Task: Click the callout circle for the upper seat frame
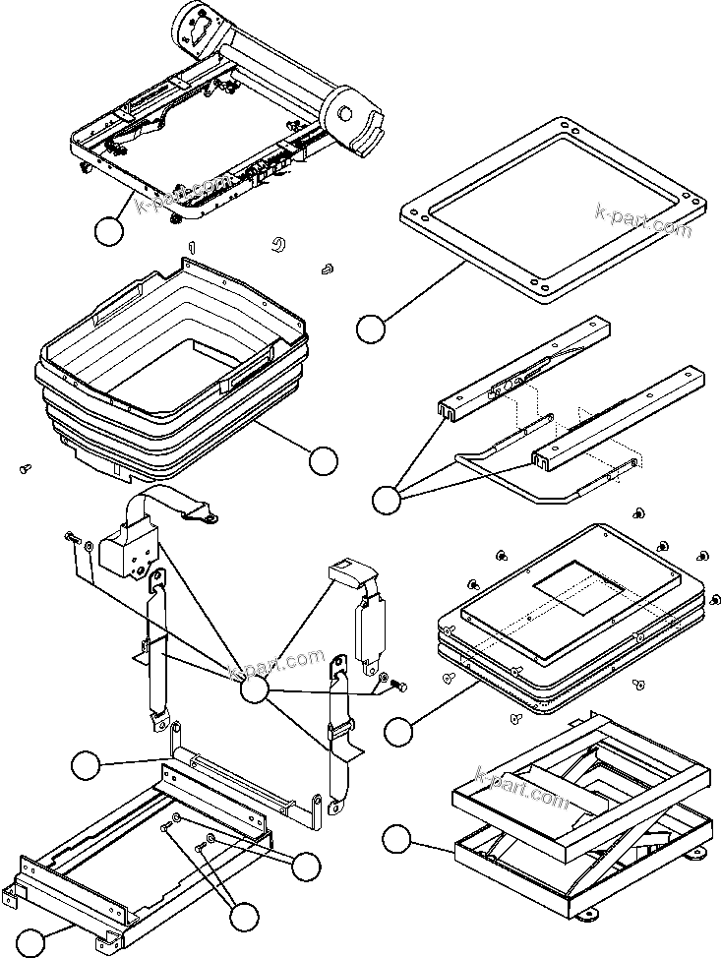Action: point(108,231)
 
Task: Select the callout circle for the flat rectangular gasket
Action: point(371,329)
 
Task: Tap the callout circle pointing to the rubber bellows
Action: point(323,458)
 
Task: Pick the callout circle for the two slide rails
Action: point(387,500)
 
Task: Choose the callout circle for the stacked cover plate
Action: point(398,731)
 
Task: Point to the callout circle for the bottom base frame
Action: point(32,942)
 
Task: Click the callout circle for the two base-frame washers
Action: point(307,866)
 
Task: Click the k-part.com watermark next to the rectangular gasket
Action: point(643,220)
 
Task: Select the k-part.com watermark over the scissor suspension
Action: point(521,787)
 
